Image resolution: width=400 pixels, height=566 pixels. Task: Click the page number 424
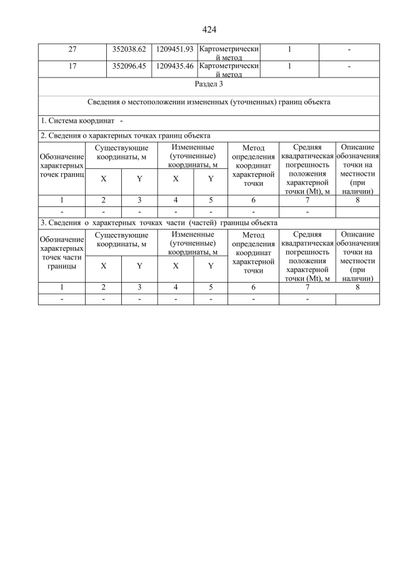[x=209, y=29]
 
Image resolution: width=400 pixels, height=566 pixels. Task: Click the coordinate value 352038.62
[x=129, y=49]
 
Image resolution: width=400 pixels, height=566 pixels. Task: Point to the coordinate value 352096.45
[x=129, y=66]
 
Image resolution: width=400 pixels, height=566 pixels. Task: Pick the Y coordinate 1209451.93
[x=174, y=49]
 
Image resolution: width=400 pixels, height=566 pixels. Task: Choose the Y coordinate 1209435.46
[x=174, y=66]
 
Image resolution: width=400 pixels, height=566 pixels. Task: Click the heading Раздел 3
[x=209, y=85]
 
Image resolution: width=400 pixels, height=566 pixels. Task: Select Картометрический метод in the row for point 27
[x=228, y=53]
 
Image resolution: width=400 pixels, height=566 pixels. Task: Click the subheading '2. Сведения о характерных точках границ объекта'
[x=125, y=135]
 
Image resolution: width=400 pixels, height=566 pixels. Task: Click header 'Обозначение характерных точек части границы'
[x=61, y=253]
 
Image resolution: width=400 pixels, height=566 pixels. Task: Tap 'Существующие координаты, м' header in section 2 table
[x=121, y=152]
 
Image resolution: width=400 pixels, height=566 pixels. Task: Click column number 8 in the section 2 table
[x=357, y=200]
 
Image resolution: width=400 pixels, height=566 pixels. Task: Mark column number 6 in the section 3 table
[x=254, y=288]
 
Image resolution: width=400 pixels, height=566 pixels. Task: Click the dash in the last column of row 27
[x=349, y=49]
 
